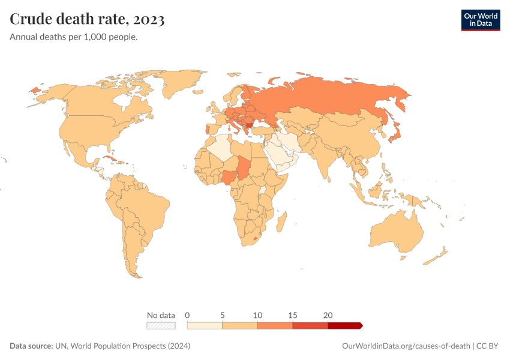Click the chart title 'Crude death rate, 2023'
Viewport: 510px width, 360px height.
click(x=88, y=20)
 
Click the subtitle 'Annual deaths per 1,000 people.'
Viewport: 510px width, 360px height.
click(x=74, y=37)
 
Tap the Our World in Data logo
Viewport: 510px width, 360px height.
click(x=480, y=20)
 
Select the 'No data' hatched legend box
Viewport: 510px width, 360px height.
click(x=161, y=325)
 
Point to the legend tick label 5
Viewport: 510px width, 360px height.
click(x=223, y=315)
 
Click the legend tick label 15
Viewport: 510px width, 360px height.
click(x=293, y=315)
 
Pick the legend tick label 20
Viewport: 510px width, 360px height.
click(x=328, y=315)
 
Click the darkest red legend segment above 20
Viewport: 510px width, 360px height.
click(x=344, y=325)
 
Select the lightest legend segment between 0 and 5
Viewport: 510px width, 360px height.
click(x=205, y=325)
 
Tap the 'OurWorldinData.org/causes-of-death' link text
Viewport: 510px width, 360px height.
click(x=406, y=346)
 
